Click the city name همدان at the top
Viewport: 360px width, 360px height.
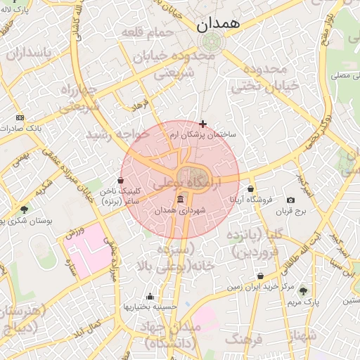point(218,23)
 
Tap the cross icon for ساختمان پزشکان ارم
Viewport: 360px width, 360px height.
point(203,124)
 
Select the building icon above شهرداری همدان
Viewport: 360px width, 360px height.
point(181,199)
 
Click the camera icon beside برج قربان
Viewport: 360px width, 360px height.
point(291,200)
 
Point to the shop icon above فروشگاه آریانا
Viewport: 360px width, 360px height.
point(251,188)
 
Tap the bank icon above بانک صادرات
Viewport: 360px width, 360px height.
point(20,117)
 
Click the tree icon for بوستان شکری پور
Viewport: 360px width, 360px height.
point(25,209)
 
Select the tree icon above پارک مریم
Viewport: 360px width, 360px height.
point(303,290)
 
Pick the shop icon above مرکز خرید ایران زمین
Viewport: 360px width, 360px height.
point(261,276)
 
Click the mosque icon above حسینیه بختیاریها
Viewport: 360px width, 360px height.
point(149,296)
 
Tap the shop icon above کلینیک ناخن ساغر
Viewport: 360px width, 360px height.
point(121,180)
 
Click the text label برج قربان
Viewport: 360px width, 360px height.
point(292,211)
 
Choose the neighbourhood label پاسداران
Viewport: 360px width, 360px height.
point(29,53)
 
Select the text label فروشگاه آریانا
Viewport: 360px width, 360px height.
point(251,200)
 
